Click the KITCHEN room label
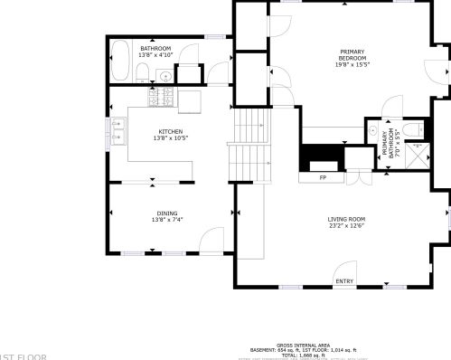(x=170, y=132)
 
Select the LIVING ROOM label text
(x=346, y=219)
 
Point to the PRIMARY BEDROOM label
(x=352, y=55)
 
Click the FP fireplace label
(x=323, y=178)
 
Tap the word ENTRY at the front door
(x=345, y=281)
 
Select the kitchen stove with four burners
(x=165, y=96)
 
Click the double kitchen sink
(x=117, y=138)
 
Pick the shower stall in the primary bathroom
(x=417, y=156)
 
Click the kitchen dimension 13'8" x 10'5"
(x=170, y=139)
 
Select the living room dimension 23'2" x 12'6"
(x=346, y=226)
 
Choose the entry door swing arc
(x=344, y=270)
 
